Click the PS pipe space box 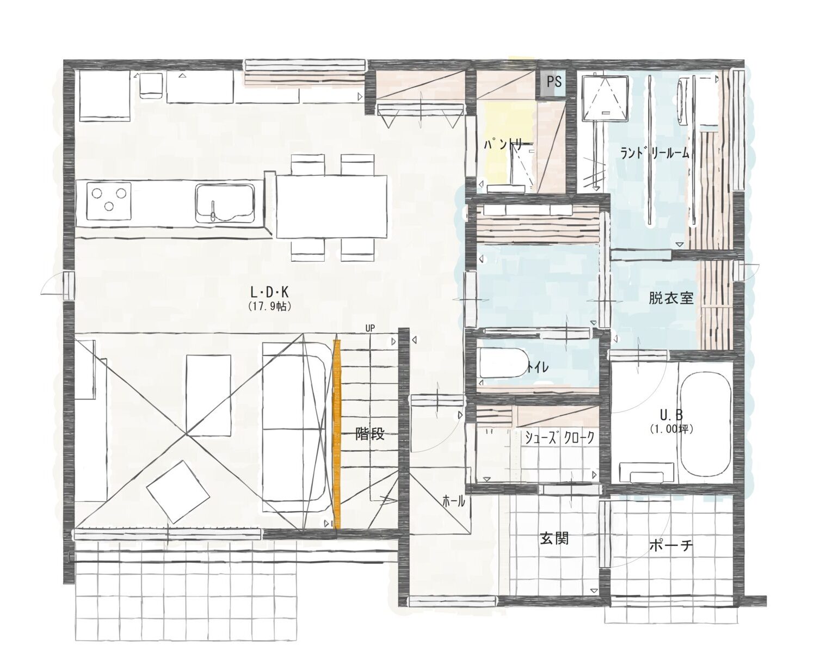coord(553,82)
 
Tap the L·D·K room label coord(269,293)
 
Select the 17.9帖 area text coord(269,307)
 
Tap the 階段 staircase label coord(370,434)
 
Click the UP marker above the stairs coord(370,328)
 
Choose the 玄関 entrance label coord(554,539)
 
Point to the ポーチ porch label coord(671,545)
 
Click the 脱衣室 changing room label coord(671,298)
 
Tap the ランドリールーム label coord(655,153)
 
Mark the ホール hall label coord(454,501)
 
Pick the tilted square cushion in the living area coord(178,492)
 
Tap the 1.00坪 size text coord(671,429)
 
